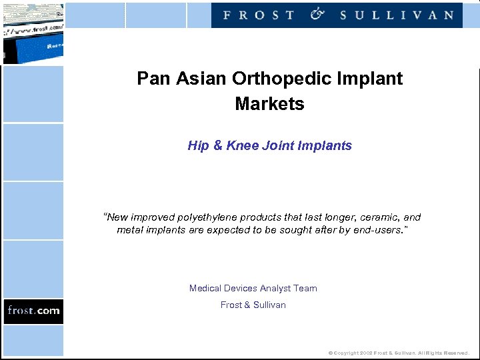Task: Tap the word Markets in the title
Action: point(269,104)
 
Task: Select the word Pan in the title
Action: point(149,79)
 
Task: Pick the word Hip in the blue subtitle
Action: point(198,145)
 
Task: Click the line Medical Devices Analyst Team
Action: point(253,288)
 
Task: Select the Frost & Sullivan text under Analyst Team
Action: point(253,305)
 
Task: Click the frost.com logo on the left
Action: point(33,311)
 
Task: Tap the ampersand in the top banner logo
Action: point(317,14)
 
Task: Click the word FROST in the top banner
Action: point(259,15)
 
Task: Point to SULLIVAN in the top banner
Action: point(397,15)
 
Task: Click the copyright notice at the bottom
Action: point(399,353)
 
